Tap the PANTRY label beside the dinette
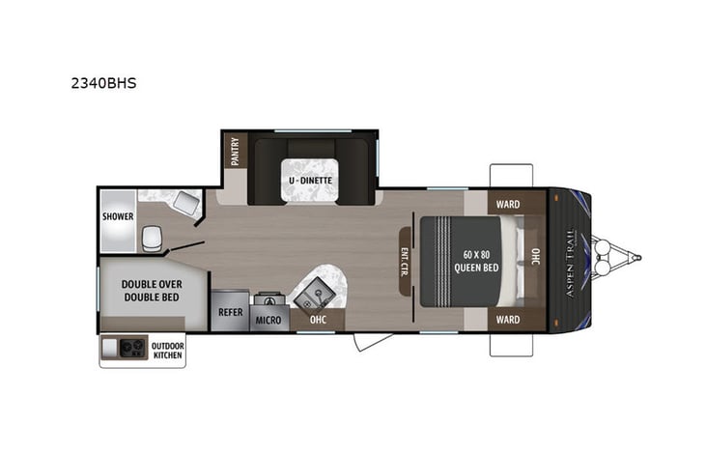(235, 152)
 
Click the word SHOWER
(118, 216)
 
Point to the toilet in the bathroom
(153, 239)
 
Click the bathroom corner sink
(186, 203)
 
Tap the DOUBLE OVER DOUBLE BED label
(153, 291)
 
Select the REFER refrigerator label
(230, 312)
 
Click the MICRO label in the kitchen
(269, 319)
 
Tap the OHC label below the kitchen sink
(319, 319)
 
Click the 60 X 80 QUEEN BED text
(476, 261)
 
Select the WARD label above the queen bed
(508, 205)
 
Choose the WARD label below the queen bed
(508, 319)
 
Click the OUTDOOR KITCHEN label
(167, 350)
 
